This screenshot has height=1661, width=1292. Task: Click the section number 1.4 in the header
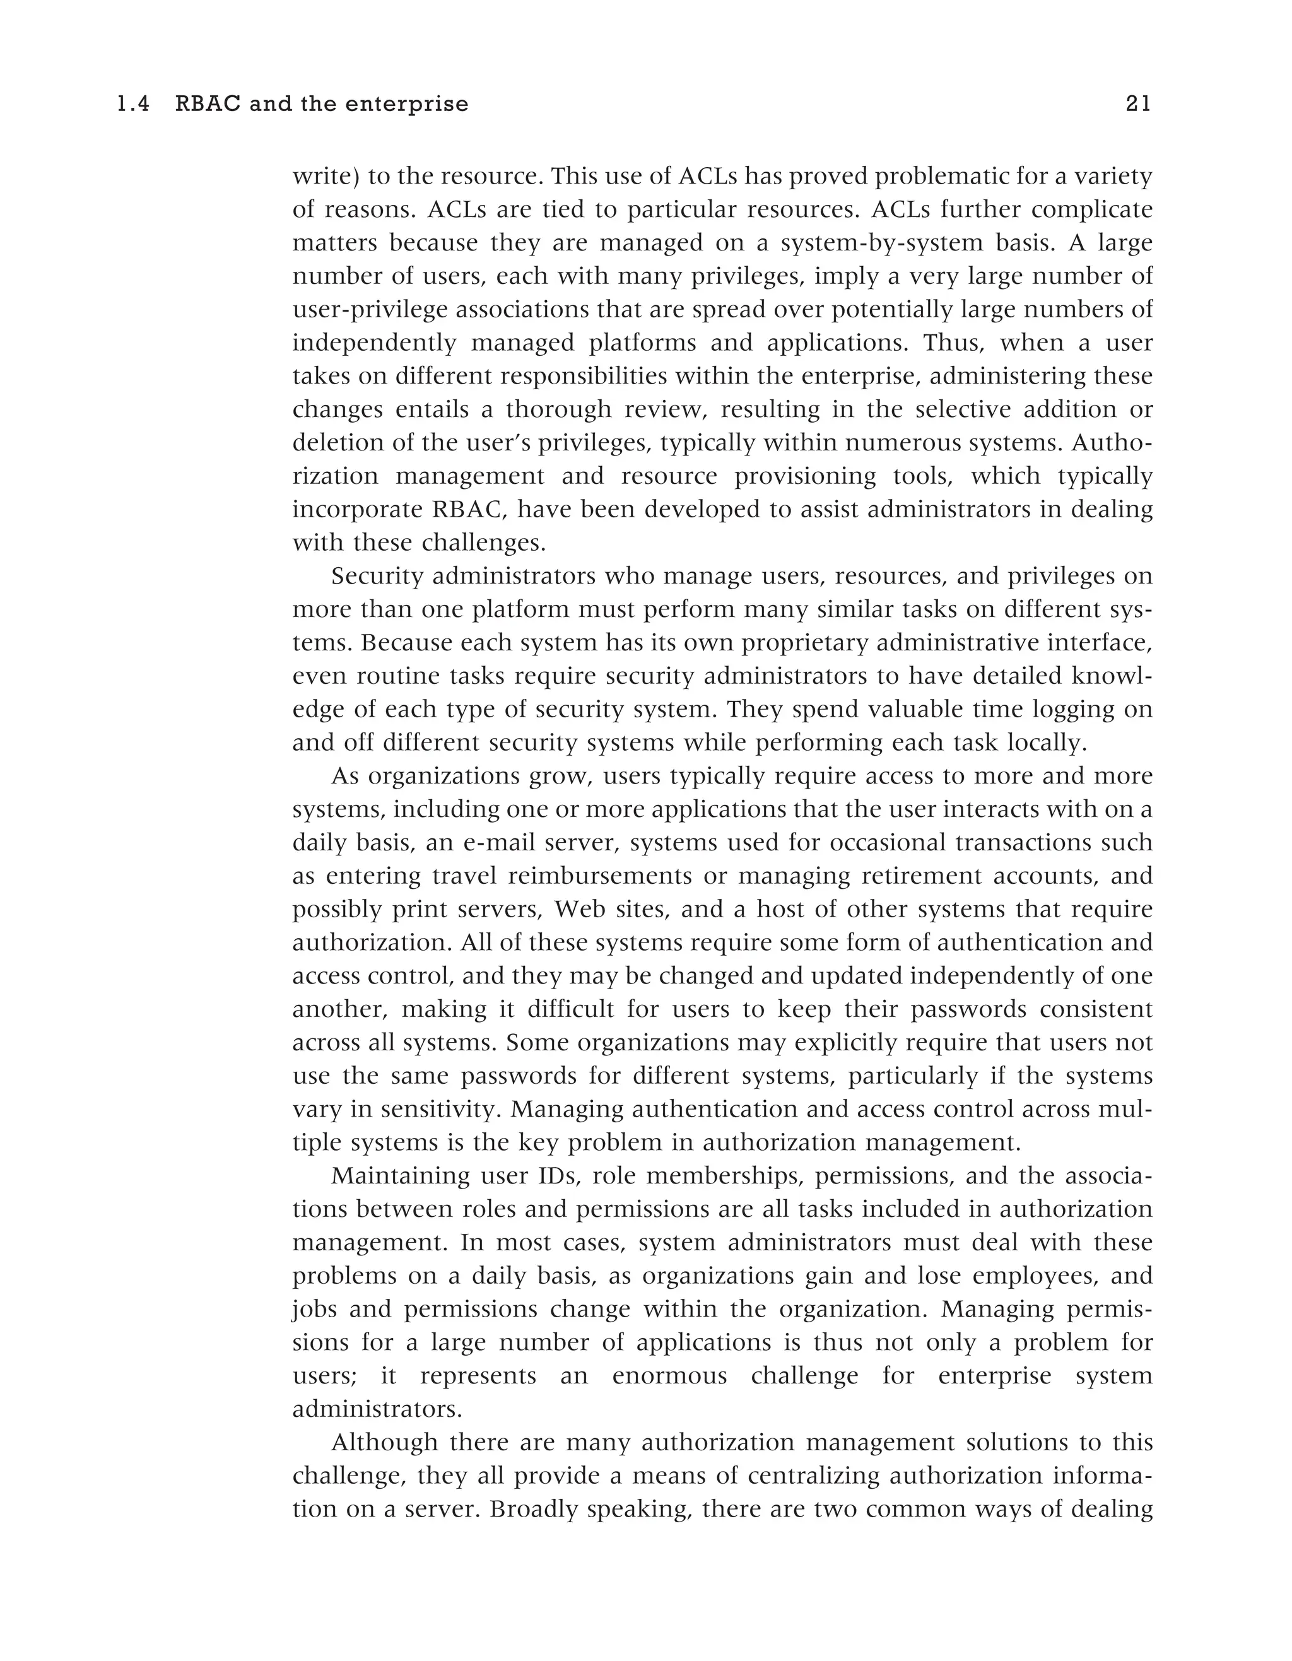133,104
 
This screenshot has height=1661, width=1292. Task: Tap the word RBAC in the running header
207,104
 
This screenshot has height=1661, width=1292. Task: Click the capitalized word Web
577,910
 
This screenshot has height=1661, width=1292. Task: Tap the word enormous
669,1376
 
